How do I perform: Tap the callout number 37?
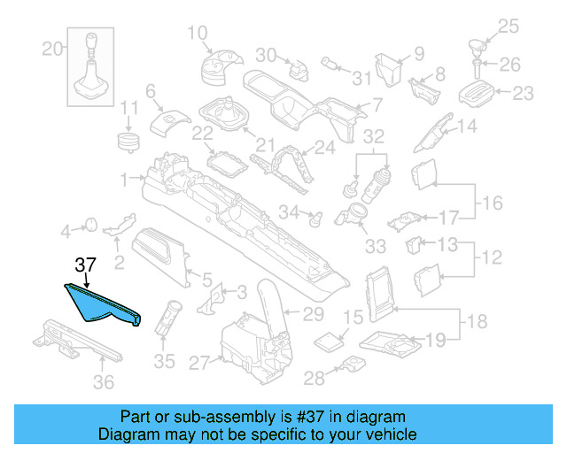click(x=85, y=265)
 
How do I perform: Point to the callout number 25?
click(x=531, y=26)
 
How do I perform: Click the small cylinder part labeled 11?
click(x=131, y=141)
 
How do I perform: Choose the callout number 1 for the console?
click(x=125, y=178)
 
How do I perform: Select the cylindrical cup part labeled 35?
click(x=169, y=317)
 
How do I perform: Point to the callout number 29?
click(x=314, y=312)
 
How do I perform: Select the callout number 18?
click(x=477, y=322)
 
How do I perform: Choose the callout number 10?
click(x=197, y=34)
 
